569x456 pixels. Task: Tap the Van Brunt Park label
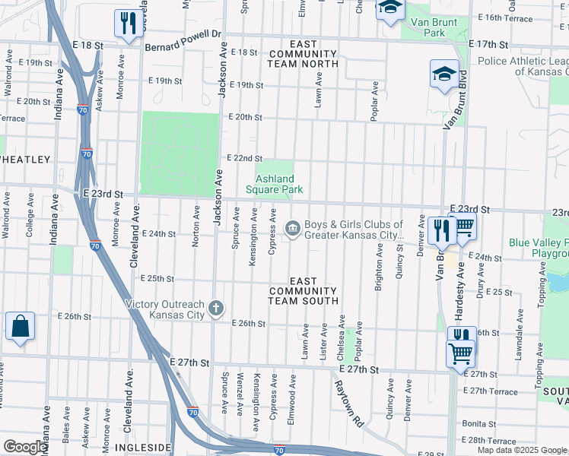434,28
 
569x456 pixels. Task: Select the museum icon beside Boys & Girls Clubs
292,228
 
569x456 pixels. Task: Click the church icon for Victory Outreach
217,309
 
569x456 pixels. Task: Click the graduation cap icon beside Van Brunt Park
390,8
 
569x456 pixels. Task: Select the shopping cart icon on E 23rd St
463,229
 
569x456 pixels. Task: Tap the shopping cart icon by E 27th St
459,353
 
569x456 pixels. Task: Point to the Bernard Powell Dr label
183,34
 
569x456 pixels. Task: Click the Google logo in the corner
25,447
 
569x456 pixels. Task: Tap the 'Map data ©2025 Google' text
522,450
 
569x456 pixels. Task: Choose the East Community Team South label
302,291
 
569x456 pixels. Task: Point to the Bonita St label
478,423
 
